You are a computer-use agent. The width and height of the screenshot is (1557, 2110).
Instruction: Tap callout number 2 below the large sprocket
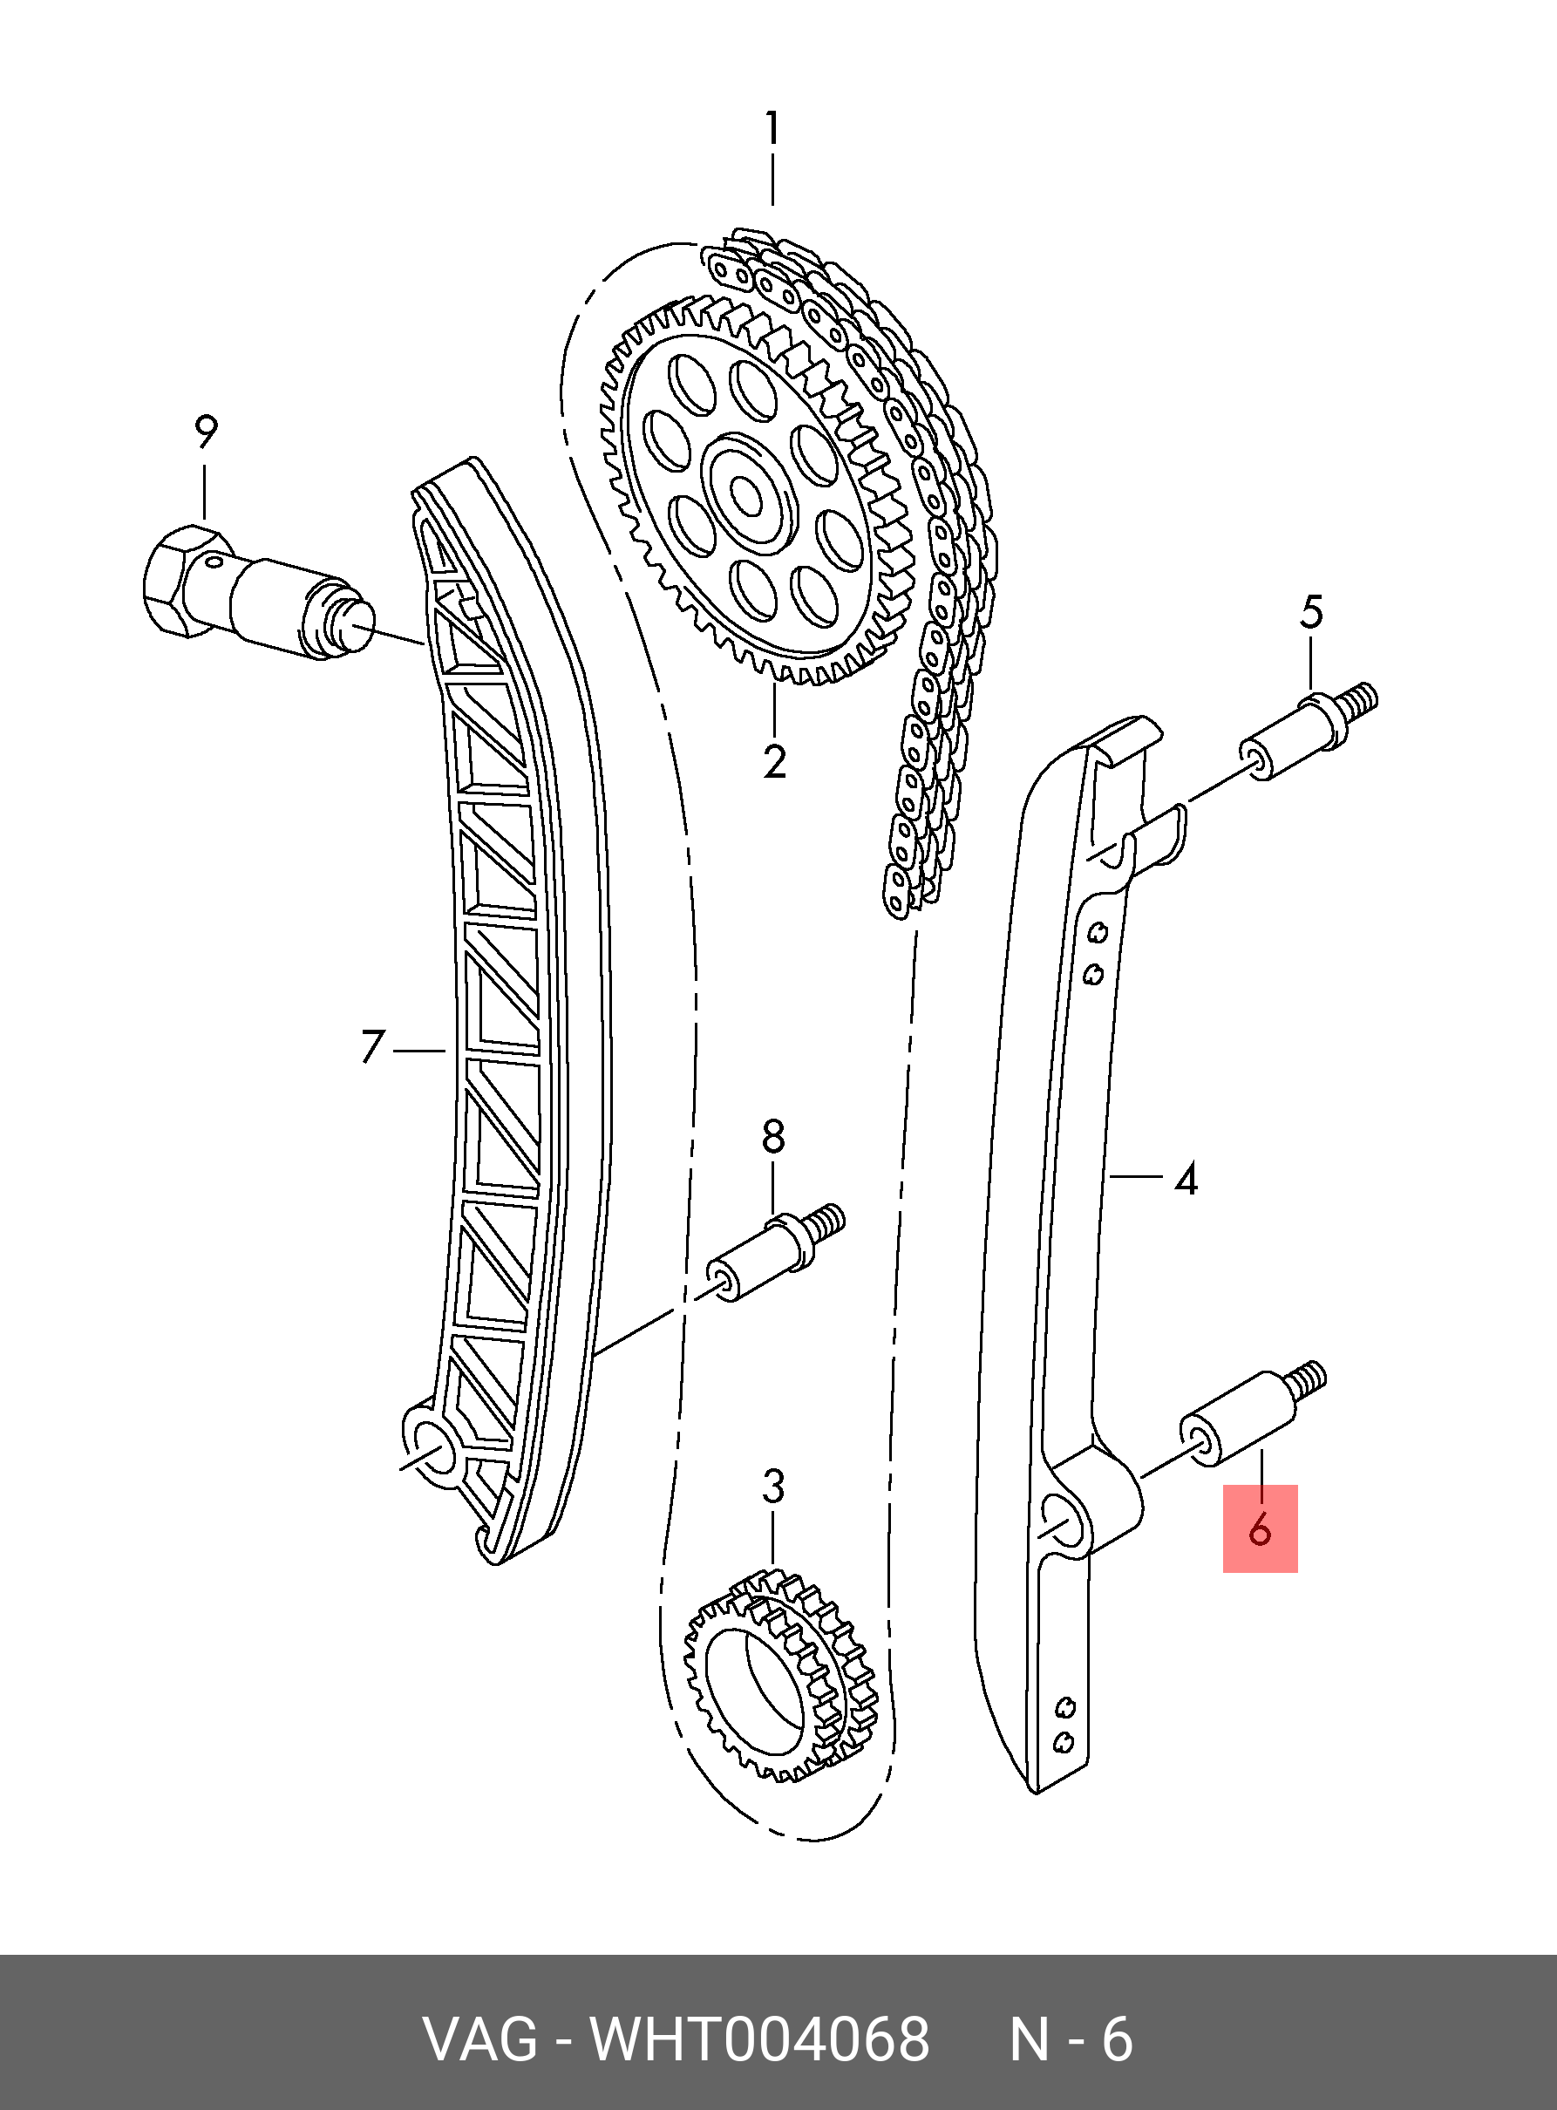tap(774, 761)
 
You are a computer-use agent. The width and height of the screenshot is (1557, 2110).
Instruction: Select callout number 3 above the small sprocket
tap(773, 1487)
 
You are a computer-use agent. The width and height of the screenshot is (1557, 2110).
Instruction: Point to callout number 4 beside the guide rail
tap(1186, 1179)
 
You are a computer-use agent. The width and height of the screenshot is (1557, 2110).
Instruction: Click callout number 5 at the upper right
tap(1311, 613)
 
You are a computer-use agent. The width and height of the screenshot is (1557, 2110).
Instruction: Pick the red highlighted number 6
tap(1260, 1529)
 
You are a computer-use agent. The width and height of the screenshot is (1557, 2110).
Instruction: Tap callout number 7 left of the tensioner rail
tap(373, 1048)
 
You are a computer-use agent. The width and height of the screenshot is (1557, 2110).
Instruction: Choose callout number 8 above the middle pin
tap(773, 1138)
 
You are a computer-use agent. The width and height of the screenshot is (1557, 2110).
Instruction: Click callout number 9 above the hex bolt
tap(206, 432)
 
